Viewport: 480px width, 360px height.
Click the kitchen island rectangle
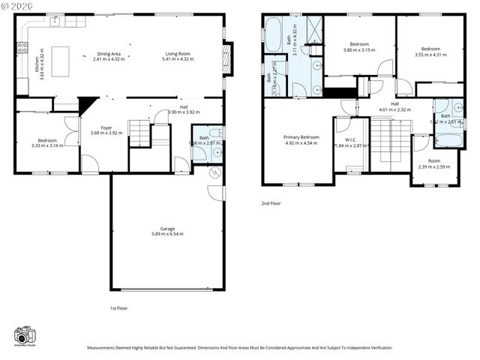(60, 58)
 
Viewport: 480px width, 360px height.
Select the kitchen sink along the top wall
(56, 22)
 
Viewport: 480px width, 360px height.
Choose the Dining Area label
(109, 55)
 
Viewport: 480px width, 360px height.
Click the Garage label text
(166, 231)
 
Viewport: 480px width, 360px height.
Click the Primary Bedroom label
(301, 139)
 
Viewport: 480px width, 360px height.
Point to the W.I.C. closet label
(350, 142)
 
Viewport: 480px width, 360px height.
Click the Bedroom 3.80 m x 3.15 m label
(358, 47)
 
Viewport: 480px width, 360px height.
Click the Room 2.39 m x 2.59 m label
(434, 163)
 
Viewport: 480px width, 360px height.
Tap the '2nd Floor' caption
(271, 203)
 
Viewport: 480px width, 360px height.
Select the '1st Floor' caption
(118, 307)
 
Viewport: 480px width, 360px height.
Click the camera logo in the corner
(25, 336)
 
